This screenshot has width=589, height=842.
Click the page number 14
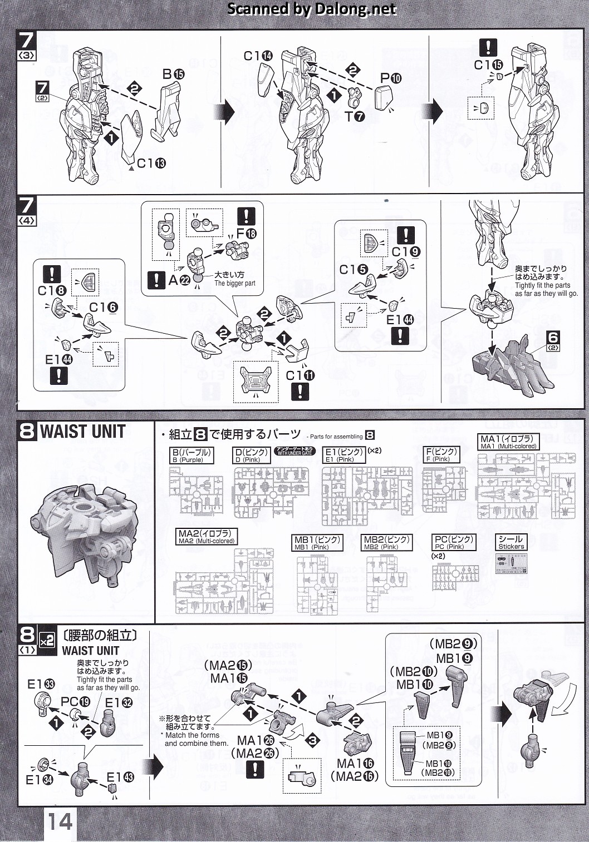coord(60,821)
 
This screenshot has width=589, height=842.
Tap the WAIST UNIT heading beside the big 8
coord(82,432)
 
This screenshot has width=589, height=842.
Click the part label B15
coord(173,75)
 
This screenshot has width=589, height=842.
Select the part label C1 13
coord(151,164)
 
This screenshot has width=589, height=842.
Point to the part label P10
coord(390,78)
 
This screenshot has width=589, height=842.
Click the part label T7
coord(354,116)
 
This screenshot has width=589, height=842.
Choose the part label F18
coord(247,234)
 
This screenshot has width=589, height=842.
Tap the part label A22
coord(179,280)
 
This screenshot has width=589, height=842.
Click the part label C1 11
coord(300,376)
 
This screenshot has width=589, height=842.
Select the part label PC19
coord(75,702)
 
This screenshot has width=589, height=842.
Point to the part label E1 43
coord(120,777)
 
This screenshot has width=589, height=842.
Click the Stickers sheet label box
coord(511,542)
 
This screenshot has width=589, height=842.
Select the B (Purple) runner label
coord(192,455)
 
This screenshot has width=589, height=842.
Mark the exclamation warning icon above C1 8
coord(52,274)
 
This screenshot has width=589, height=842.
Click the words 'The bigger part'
coord(235,284)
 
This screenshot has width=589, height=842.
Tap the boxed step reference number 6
coord(553,339)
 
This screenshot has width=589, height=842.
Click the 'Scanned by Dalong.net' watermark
coord(312,9)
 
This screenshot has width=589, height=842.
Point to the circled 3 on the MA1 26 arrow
coord(313,740)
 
